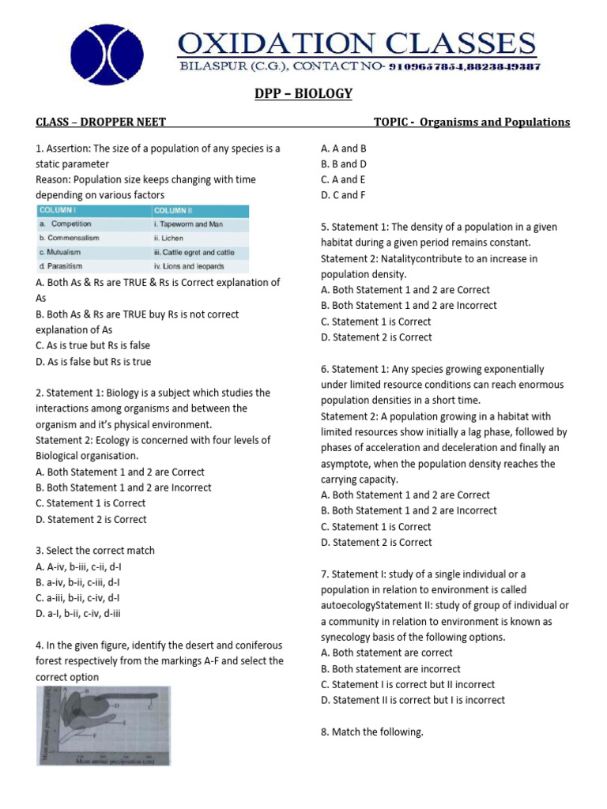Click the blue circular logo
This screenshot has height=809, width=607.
(107, 54)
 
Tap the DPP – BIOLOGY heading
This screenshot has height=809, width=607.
(303, 94)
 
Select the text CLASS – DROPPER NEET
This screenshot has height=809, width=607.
(100, 122)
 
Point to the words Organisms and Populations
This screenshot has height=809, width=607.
(495, 122)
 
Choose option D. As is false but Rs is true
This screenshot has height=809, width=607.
(93, 362)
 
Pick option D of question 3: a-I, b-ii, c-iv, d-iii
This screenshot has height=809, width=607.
(78, 613)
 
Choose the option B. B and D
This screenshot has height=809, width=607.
(344, 164)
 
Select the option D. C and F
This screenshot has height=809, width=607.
(343, 195)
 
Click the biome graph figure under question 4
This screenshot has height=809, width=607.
(103, 725)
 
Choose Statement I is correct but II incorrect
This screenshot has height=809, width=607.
(408, 684)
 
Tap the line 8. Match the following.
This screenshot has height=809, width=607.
(372, 732)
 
